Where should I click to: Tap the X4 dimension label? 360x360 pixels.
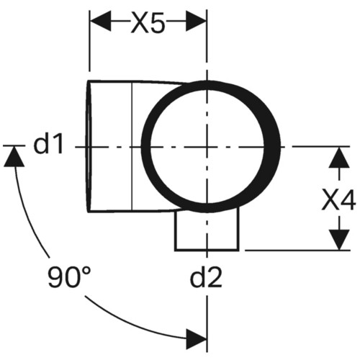(338, 199)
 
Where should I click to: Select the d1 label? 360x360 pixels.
(48, 144)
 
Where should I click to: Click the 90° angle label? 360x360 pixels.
(70, 276)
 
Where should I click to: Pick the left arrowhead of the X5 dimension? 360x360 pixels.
(100, 21)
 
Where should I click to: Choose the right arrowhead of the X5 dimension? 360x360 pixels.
(197, 21)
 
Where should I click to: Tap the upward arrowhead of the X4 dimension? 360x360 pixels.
(339, 157)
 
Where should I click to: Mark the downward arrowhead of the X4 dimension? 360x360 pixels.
(339, 240)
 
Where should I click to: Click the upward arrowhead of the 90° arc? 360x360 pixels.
(14, 156)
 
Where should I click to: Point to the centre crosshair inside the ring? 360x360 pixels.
(207, 146)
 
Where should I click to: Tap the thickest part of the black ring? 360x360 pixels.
(272, 145)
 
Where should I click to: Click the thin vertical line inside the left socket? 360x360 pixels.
(132, 146)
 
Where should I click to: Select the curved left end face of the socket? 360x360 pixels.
(89, 146)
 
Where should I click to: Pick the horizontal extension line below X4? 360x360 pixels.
(297, 251)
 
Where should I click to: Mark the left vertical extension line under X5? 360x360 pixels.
(89, 41)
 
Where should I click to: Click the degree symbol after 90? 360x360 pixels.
(86, 271)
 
